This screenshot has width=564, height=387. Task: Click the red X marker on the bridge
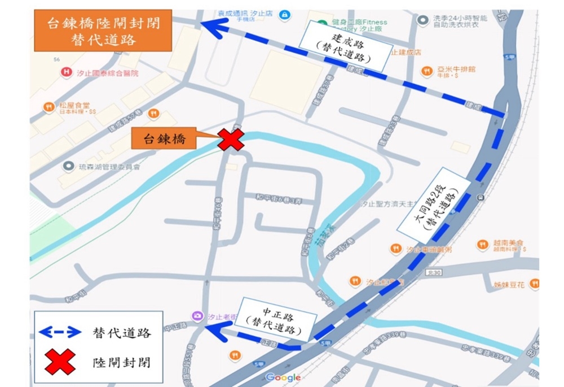pos(231,140)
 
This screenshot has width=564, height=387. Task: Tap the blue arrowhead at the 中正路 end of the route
pos(216,333)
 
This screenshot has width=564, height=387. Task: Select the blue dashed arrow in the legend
pos(59,333)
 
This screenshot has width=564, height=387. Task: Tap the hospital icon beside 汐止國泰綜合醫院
pos(67,73)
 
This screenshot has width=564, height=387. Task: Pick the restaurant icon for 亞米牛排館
pos(428,70)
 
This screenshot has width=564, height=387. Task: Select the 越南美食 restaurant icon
pos(482,244)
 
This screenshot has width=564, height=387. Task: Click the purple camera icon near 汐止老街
pos(198,316)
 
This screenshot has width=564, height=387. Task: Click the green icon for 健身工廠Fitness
pos(322,24)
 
